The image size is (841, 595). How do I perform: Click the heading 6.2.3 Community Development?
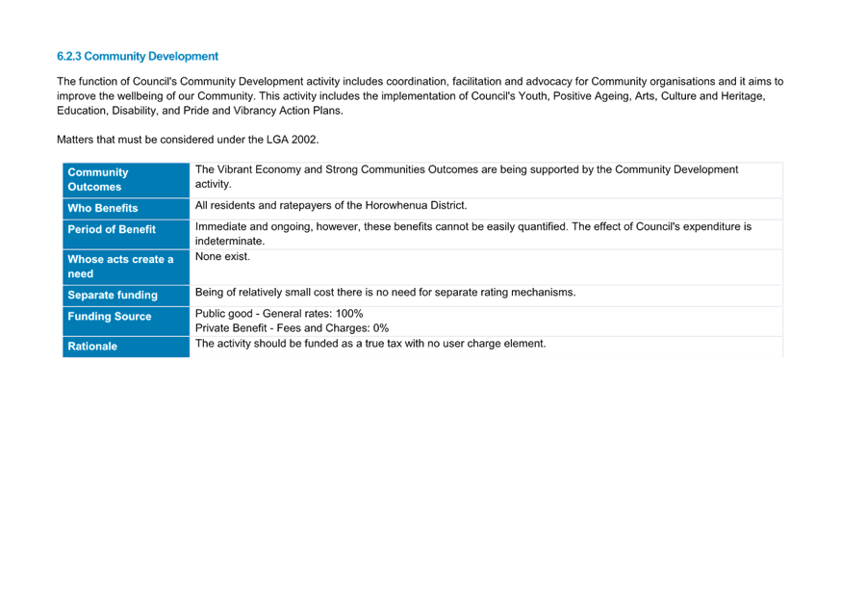point(138,57)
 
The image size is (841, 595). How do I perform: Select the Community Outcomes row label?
point(97,180)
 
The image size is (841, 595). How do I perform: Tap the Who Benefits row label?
point(102,208)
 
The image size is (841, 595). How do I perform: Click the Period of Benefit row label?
point(112,230)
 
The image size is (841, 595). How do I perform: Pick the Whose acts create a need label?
point(120,267)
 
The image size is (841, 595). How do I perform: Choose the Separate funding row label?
point(113,295)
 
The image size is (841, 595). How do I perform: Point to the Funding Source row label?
point(110,317)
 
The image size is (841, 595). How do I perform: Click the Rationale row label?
point(92,346)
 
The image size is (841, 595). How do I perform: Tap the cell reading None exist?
point(222,256)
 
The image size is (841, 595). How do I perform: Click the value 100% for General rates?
point(349,313)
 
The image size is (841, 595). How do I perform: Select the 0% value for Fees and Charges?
point(381,327)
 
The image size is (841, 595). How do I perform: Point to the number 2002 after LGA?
point(305,140)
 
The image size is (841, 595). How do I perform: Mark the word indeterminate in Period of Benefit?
point(230,241)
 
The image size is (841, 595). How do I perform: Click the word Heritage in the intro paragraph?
point(743,96)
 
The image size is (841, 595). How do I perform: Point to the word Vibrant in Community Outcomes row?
point(235,169)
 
